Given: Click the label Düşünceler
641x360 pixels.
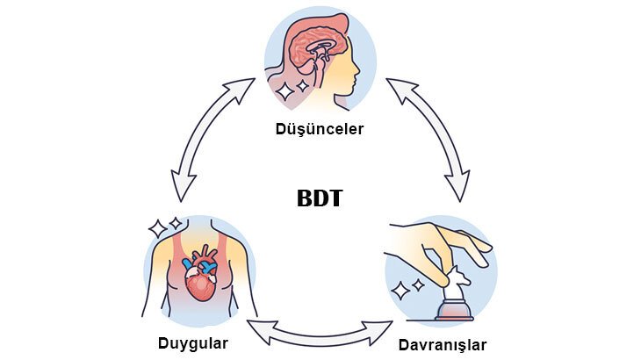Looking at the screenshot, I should tap(319, 130).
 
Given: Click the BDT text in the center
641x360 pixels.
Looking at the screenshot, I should tap(319, 198).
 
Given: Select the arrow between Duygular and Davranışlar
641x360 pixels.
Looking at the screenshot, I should tap(320, 331).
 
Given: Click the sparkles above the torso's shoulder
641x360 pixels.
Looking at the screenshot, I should tap(164, 226).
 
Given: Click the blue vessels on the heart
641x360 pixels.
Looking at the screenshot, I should tap(207, 261).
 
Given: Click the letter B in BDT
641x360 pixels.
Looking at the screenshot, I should tap(303, 198).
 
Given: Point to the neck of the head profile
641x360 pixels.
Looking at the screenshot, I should tap(332, 95).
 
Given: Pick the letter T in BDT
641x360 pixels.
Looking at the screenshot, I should tap(335, 198).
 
